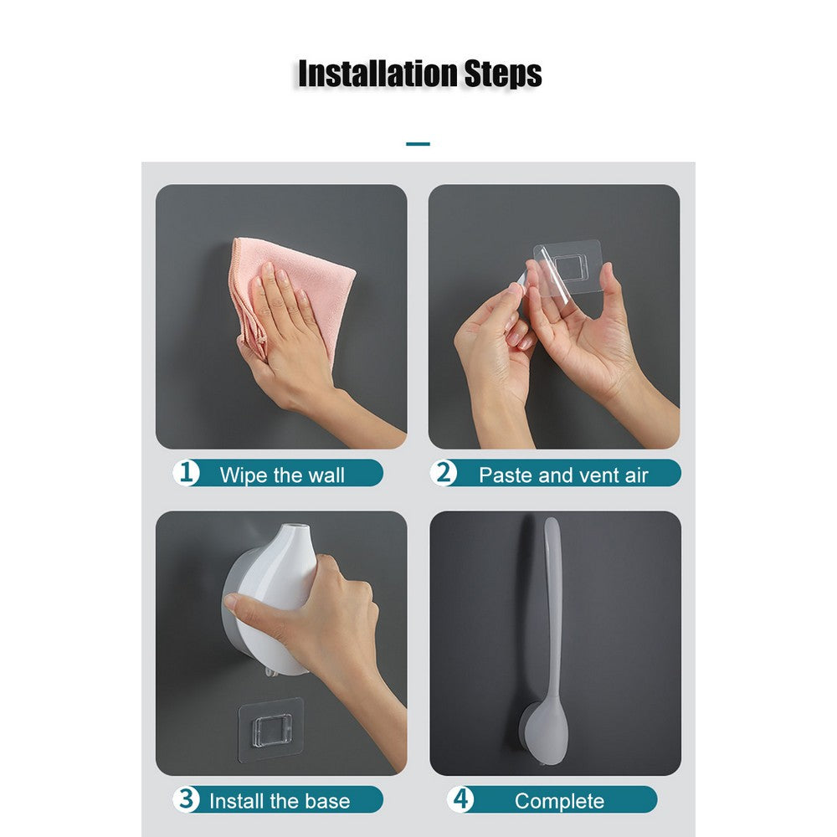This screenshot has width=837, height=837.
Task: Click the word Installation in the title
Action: [376, 74]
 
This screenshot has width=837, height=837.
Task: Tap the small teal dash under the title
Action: [418, 144]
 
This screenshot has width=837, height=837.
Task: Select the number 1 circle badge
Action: [186, 473]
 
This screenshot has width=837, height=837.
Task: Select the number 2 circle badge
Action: [444, 473]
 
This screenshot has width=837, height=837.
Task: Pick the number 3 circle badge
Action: [186, 799]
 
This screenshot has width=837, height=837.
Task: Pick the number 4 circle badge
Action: [460, 799]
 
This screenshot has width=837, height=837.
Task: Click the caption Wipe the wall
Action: [282, 475]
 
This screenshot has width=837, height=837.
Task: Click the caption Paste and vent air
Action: [563, 475]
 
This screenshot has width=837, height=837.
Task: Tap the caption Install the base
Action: [280, 801]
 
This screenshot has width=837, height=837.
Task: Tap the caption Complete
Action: [559, 801]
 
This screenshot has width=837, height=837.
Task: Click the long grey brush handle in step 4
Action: [552, 603]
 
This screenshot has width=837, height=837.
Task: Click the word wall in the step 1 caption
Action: [326, 475]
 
